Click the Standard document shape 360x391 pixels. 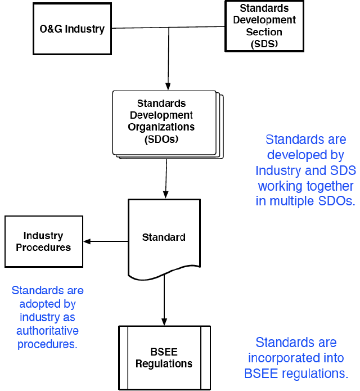[x=164, y=237]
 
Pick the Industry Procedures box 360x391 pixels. [x=43, y=241]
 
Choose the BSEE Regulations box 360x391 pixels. [x=164, y=358]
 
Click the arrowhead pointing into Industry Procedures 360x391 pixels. [x=87, y=241]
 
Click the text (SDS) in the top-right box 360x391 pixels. [x=264, y=43]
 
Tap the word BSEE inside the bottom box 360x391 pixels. [x=164, y=352]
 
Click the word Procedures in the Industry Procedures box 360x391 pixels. [x=43, y=248]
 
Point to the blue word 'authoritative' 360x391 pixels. [x=47, y=330]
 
